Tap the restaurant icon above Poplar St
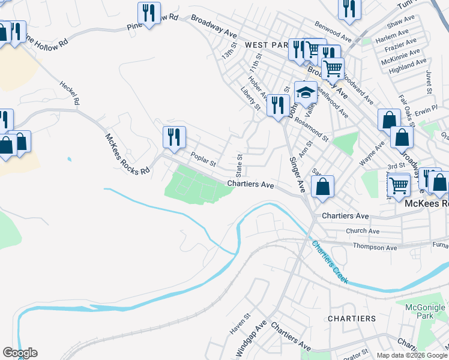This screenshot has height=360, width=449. (174, 136)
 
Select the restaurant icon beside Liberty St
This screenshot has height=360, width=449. (277, 106)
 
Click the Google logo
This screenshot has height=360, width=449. (20, 353)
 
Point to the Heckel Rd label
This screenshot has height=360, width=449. (69, 93)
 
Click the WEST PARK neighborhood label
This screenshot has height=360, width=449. (267, 45)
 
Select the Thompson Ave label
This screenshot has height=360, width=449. (375, 247)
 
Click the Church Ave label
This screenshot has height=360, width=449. (363, 231)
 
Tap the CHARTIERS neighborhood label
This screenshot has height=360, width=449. (352, 318)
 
